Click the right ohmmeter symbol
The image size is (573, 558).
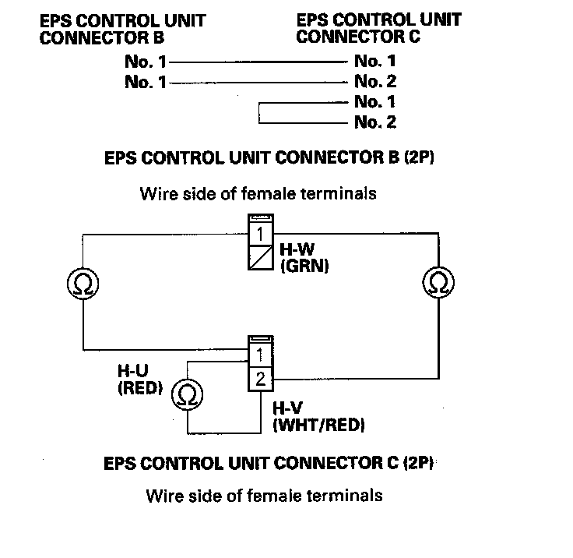(436, 282)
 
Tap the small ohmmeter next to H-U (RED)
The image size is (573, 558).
(185, 395)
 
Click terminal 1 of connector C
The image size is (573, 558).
(260, 357)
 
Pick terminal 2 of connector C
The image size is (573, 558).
(260, 380)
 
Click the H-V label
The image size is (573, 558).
(288, 408)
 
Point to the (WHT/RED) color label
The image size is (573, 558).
(319, 425)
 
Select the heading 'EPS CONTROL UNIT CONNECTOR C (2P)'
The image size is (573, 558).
(269, 464)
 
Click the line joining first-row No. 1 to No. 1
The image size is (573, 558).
(257, 60)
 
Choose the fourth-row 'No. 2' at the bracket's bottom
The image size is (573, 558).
(375, 122)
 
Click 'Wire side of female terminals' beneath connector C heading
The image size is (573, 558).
(265, 495)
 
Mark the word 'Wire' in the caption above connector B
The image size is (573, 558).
(156, 192)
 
